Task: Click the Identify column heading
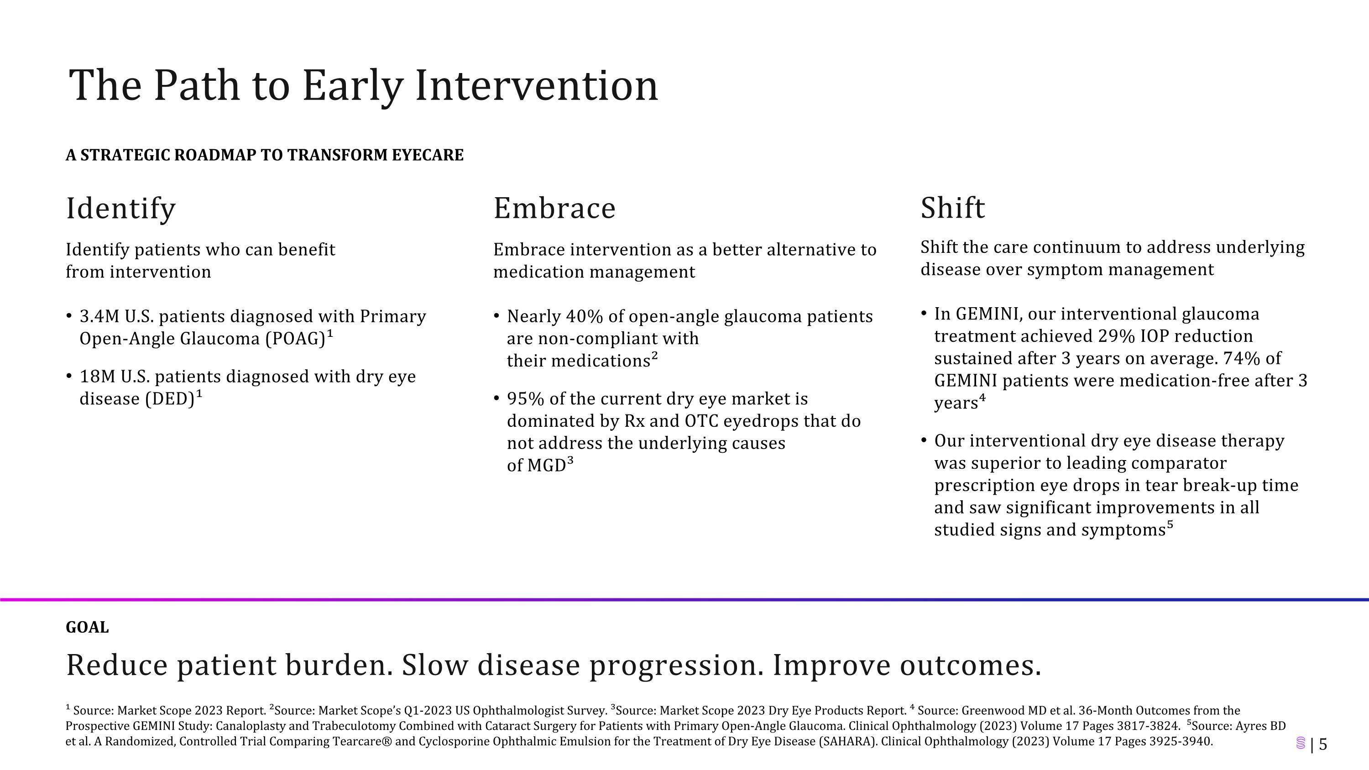click(120, 208)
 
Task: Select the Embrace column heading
click(554, 208)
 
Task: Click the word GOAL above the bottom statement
click(87, 628)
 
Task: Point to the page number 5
click(1323, 744)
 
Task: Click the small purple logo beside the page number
click(1301, 744)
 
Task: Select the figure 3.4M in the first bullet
click(99, 317)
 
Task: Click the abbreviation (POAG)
click(295, 339)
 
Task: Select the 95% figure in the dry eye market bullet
click(526, 399)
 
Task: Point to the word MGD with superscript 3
click(546, 466)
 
